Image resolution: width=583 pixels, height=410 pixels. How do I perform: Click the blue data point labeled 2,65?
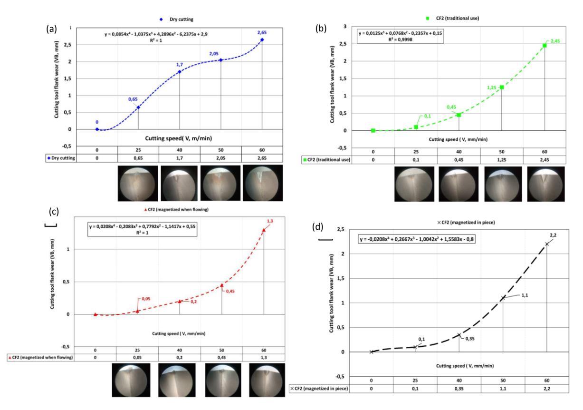click(262, 40)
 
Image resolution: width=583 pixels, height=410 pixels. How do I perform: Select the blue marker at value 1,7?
click(180, 72)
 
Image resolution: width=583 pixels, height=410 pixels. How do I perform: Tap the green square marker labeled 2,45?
click(545, 46)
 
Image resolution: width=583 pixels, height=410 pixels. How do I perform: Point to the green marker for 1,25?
click(502, 87)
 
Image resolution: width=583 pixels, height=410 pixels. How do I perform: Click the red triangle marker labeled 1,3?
click(264, 230)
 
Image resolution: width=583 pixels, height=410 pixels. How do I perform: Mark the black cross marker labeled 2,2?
click(547, 244)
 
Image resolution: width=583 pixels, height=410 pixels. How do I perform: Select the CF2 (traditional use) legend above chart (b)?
click(452, 18)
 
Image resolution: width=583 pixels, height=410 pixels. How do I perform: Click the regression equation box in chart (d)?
click(417, 239)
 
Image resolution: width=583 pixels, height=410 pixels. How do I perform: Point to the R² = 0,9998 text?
click(400, 39)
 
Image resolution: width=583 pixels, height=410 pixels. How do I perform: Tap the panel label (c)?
click(54, 212)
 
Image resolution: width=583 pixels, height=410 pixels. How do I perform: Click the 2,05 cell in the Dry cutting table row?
click(221, 158)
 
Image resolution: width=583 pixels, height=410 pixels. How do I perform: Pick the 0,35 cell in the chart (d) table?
click(459, 389)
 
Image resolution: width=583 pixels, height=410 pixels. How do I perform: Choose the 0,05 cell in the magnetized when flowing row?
click(137, 357)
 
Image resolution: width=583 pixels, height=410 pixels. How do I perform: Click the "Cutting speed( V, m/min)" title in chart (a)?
click(179, 138)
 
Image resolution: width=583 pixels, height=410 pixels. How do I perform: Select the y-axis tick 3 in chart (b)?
click(345, 27)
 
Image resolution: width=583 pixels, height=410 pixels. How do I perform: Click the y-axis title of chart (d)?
click(331, 293)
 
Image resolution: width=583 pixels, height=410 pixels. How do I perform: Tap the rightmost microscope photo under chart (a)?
click(263, 183)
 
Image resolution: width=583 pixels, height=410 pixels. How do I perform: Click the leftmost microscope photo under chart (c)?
click(131, 380)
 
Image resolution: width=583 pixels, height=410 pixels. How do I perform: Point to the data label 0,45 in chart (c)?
click(230, 291)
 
